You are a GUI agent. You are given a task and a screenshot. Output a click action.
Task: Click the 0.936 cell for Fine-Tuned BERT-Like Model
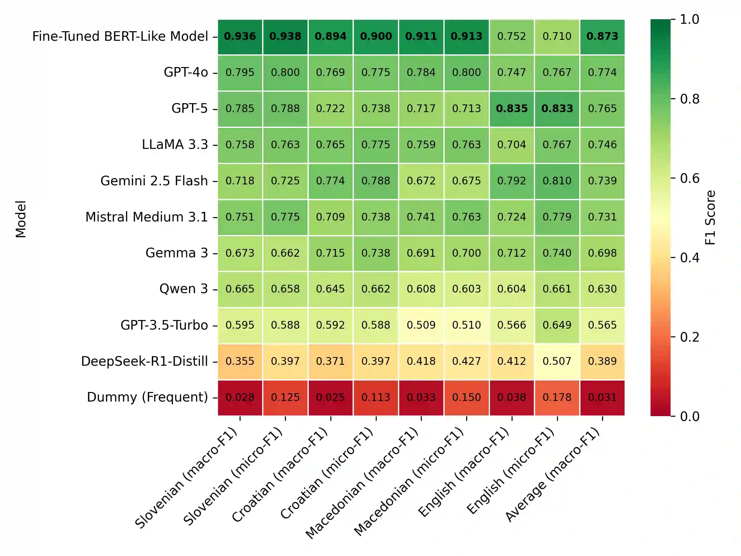(240, 36)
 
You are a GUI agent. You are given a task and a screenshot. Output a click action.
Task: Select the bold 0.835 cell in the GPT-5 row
(512, 109)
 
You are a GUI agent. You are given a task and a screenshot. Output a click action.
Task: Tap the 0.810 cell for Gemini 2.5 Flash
(557, 181)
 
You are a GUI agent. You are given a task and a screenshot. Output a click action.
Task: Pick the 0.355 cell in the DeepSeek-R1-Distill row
(240, 361)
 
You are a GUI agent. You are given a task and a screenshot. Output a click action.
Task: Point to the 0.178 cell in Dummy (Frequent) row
(557, 398)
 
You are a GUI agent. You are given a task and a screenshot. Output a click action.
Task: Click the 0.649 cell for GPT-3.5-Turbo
(557, 325)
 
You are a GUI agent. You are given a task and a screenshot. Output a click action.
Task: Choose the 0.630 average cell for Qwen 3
(602, 289)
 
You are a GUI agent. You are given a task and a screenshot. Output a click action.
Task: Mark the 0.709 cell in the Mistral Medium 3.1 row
(330, 217)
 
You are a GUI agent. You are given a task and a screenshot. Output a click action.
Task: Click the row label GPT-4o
(186, 72)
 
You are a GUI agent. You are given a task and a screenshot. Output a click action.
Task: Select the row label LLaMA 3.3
(175, 145)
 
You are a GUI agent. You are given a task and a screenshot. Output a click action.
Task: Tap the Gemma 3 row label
(177, 253)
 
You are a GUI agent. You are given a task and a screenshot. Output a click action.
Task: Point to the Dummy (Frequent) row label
(147, 397)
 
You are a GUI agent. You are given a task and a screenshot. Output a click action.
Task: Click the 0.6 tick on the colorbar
(689, 178)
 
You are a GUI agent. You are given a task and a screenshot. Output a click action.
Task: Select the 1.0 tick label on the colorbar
(689, 19)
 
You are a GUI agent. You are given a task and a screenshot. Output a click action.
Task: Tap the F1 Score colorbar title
(710, 217)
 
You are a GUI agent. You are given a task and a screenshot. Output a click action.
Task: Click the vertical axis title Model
(21, 219)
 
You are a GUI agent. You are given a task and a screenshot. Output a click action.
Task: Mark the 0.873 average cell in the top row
(602, 36)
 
